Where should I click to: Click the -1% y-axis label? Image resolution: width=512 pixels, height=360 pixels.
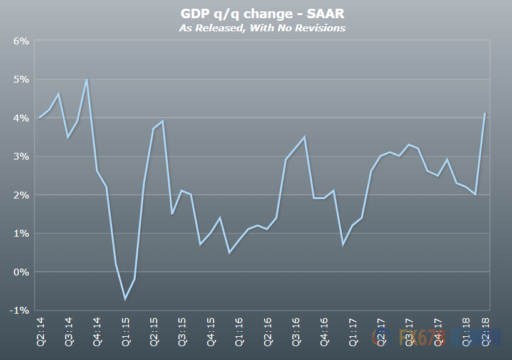(19, 311)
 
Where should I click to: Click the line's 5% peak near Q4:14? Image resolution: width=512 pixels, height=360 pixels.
(86, 80)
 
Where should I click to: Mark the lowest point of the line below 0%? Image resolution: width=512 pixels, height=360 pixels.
(125, 299)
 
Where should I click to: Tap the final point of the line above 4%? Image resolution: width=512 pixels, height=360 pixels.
(484, 114)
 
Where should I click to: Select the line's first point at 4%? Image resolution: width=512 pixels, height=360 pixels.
(40, 118)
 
